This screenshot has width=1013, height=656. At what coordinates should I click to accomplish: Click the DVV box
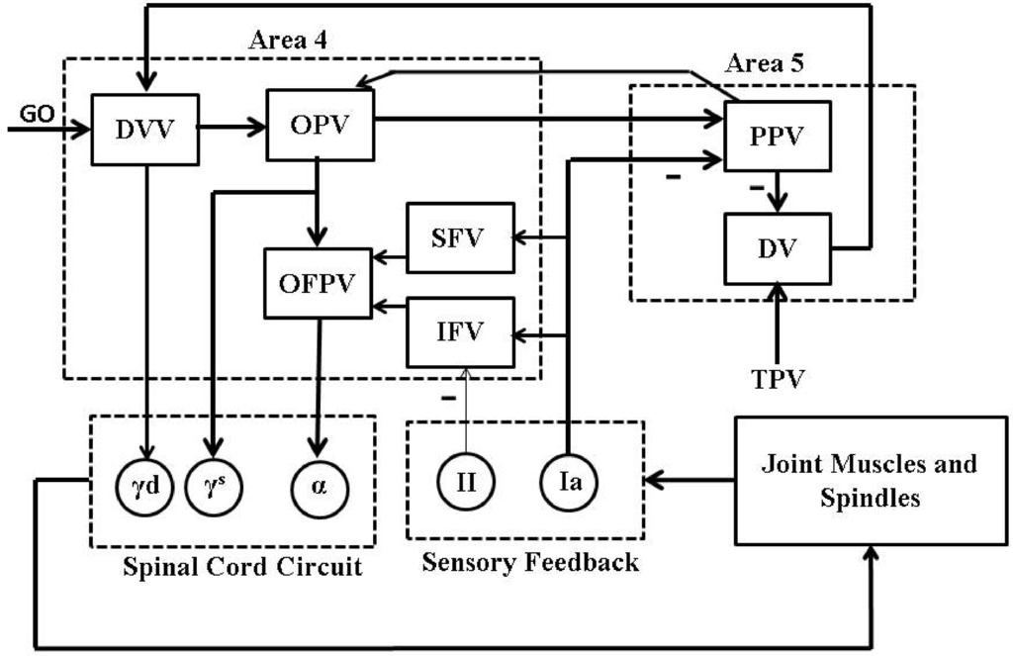[145, 130]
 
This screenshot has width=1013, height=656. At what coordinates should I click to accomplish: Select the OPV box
[321, 125]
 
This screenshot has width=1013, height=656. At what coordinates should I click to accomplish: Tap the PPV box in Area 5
[778, 136]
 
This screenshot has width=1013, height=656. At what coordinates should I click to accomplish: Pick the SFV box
[461, 237]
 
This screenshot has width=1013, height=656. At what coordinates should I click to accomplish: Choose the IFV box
[461, 331]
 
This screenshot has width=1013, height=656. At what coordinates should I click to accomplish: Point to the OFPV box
[318, 283]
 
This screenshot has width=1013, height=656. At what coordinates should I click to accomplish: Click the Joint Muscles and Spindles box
[871, 480]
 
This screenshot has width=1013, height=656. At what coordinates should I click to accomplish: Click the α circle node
[318, 485]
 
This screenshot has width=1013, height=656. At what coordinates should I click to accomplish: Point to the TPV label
[778, 377]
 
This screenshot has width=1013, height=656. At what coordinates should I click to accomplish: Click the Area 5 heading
[765, 64]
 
